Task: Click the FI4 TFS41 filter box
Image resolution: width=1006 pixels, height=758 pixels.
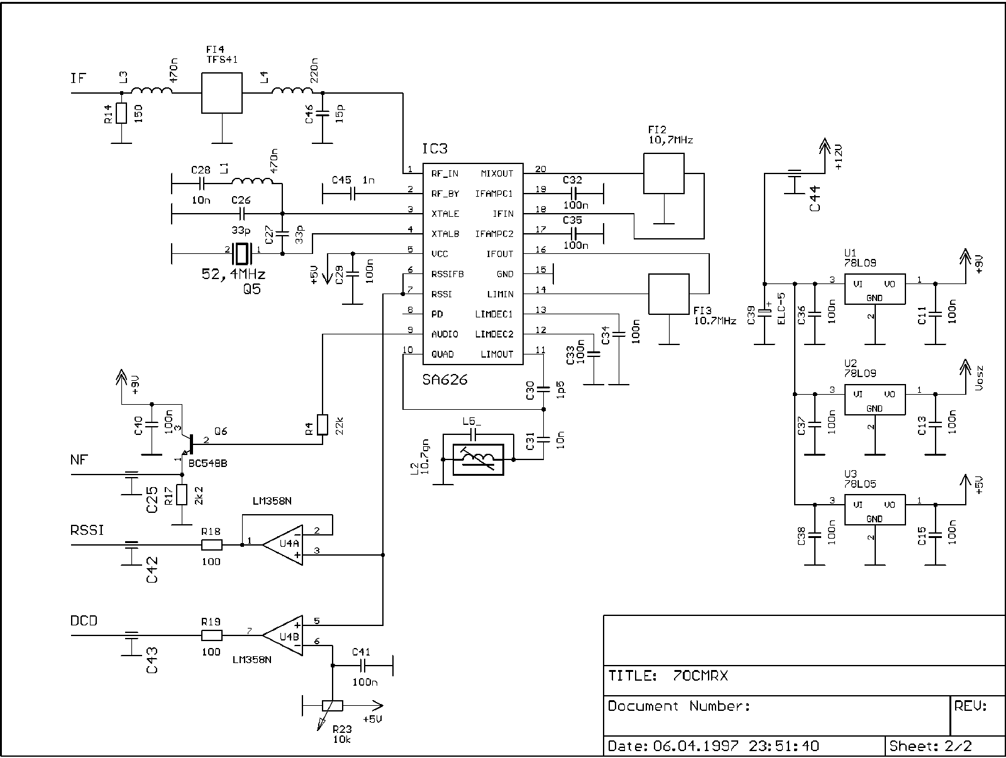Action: pos(221,92)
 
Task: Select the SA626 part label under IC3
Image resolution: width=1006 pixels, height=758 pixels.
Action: pos(445,380)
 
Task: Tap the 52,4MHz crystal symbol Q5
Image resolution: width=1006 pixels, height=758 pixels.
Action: pos(241,253)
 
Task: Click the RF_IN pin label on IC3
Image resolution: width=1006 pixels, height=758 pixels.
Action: pos(445,173)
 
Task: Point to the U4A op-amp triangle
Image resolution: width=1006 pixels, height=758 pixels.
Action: pos(283,544)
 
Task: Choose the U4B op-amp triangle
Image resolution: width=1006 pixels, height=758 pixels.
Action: pos(283,635)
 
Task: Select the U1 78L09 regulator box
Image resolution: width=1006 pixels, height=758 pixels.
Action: pos(874,289)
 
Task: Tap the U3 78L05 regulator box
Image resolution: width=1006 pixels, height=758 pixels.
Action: pos(874,510)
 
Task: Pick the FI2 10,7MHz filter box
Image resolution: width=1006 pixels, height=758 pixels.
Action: pos(663,173)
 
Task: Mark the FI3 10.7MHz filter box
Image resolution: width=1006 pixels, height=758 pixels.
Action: pos(668,294)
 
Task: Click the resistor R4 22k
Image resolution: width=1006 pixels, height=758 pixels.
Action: pos(323,424)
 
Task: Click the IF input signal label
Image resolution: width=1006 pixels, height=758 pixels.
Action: pos(79,79)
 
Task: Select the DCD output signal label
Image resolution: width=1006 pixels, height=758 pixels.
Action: pos(84,621)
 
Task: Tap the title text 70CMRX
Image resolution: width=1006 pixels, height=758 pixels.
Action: pos(700,676)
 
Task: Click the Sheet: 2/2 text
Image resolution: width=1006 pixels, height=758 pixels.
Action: pos(931,746)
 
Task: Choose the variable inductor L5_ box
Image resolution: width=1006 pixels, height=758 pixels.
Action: pos(478,459)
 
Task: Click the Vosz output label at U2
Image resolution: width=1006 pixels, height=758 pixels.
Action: pos(979,378)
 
